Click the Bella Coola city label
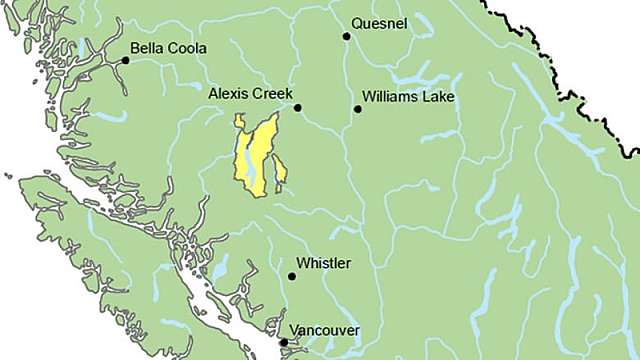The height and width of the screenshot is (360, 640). [169, 47]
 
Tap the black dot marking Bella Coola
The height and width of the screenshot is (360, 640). [126, 60]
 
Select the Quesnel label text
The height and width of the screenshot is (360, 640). [379, 24]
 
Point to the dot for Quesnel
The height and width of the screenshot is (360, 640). [347, 36]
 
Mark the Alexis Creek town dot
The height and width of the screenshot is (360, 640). [297, 107]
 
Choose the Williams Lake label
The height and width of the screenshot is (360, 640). [408, 97]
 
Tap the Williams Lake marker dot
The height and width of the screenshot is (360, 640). [357, 108]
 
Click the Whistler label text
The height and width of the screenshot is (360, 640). [324, 263]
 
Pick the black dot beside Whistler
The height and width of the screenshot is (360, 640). [292, 276]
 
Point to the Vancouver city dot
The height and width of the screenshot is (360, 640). [284, 342]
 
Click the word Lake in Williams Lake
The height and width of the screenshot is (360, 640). [438, 97]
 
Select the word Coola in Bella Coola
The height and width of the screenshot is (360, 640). [187, 47]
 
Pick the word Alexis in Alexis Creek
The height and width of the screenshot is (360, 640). [228, 93]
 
